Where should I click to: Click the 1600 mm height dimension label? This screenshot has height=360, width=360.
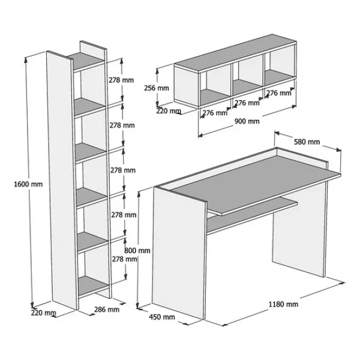(28, 184)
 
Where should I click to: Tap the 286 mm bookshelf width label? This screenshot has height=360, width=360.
(107, 310)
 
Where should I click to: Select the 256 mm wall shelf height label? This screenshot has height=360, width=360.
(157, 88)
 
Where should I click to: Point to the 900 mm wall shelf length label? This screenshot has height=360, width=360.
(247, 121)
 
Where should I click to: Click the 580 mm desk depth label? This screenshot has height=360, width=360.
(307, 142)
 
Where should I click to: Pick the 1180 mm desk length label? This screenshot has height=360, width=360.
(284, 304)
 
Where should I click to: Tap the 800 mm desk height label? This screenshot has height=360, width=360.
(137, 250)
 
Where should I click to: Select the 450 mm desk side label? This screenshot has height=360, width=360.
(162, 317)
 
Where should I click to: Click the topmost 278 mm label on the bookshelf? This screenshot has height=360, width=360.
(121, 80)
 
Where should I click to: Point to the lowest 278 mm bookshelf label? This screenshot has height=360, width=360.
(124, 259)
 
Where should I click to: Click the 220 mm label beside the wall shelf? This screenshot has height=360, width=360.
(169, 111)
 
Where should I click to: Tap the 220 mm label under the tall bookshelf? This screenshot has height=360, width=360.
(43, 313)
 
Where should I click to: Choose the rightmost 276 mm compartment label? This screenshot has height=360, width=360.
(279, 93)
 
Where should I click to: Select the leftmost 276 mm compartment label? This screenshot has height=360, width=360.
(215, 113)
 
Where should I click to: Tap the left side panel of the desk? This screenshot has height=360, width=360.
(179, 253)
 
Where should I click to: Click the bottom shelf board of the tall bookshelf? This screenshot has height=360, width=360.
(93, 285)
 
